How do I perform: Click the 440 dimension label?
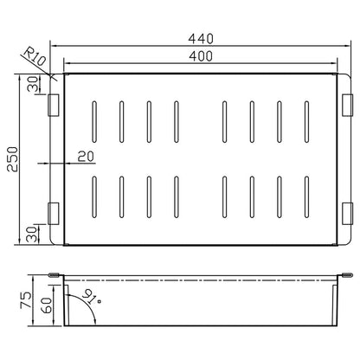(x=201, y=39)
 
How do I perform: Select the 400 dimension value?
(x=201, y=56)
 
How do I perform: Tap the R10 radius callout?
(x=35, y=56)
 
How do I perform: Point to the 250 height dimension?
(x=13, y=159)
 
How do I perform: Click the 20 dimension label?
(x=86, y=157)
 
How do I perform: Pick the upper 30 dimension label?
(x=33, y=84)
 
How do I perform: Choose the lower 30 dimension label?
(x=32, y=235)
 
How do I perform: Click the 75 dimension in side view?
(x=26, y=299)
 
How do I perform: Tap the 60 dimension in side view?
(x=47, y=305)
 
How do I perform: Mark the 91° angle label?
(x=91, y=297)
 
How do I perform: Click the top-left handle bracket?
(x=54, y=106)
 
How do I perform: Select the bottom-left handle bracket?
(x=54, y=214)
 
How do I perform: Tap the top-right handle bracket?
(x=348, y=106)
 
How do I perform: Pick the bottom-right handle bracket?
(x=348, y=214)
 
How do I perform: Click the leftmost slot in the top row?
(x=94, y=122)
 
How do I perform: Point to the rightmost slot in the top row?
(x=306, y=122)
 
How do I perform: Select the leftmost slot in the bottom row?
(x=94, y=196)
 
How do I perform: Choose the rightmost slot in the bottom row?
(x=306, y=196)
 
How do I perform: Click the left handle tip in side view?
(x=54, y=275)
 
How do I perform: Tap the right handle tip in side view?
(x=347, y=275)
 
